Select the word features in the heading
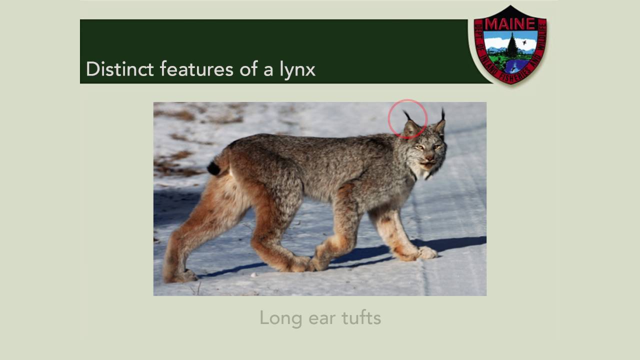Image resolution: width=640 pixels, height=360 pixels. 196,69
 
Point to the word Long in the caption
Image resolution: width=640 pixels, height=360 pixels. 274,318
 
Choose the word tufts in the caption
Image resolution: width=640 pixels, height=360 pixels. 361,318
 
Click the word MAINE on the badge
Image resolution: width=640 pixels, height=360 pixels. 509,24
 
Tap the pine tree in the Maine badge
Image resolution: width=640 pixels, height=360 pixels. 512,46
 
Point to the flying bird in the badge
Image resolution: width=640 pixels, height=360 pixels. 524,43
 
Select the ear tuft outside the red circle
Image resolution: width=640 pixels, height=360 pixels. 443,114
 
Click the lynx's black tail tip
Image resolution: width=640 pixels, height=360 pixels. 214,168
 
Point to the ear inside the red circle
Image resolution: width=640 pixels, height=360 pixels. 411,128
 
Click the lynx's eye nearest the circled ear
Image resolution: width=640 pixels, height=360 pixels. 419,147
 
